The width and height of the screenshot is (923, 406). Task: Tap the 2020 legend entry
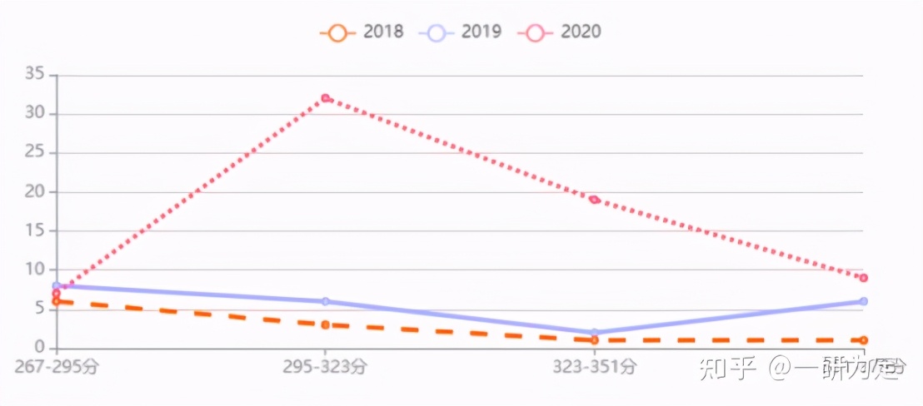click(561, 32)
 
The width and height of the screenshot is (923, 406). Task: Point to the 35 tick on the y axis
click(34, 75)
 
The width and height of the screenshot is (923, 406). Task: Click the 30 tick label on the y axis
click(34, 114)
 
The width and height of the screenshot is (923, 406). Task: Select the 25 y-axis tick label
click(34, 153)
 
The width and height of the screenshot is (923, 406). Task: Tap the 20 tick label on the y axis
click(34, 192)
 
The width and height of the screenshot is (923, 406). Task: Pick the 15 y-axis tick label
click(34, 230)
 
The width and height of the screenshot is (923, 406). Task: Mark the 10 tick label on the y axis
click(34, 270)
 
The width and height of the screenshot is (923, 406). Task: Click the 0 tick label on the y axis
click(39, 347)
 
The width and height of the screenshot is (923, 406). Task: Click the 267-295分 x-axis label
click(56, 367)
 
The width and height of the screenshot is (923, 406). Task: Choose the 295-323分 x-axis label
click(325, 367)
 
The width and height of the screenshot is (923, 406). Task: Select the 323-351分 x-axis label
click(594, 367)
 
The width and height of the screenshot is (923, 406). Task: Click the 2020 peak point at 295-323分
click(325, 98)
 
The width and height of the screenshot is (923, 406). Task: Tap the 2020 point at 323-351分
click(594, 200)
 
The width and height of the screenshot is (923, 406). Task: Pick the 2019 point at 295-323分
click(325, 301)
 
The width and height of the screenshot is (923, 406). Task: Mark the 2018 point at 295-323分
click(325, 324)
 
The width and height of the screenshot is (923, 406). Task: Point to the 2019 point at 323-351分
click(594, 332)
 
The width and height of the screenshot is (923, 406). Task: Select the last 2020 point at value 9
click(863, 278)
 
